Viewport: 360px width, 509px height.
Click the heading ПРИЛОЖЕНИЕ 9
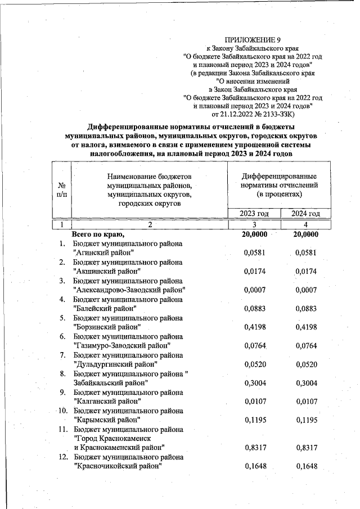[252, 39]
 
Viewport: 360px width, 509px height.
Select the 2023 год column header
[254, 214]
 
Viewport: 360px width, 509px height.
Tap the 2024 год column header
[305, 214]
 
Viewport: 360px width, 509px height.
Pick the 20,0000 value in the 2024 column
[306, 235]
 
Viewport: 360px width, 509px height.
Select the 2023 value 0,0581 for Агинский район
[255, 253]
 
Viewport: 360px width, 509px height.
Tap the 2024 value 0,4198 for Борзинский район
[306, 327]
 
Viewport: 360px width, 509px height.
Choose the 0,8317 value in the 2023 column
[255, 448]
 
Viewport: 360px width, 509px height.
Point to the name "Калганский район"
[107, 401]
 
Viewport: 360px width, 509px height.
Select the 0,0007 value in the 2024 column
[306, 290]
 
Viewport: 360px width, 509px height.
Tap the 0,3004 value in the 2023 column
[255, 382]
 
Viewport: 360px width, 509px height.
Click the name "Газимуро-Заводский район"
[121, 345]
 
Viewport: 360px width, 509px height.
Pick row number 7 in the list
[64, 355]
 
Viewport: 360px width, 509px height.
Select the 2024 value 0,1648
[306, 466]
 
